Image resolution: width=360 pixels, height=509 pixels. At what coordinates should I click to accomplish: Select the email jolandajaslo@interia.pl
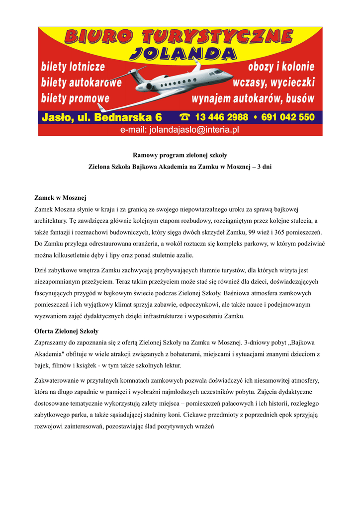click(x=180, y=130)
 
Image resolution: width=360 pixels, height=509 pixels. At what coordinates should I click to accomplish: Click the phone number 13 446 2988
click(x=222, y=117)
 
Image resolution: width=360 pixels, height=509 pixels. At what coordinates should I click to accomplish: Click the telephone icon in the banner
click(x=185, y=117)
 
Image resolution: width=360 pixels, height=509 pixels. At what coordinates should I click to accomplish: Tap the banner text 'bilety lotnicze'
click(x=74, y=67)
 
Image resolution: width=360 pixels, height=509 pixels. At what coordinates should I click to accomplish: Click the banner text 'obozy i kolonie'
click(x=280, y=67)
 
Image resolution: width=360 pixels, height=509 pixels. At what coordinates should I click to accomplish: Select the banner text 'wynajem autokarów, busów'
click(x=253, y=98)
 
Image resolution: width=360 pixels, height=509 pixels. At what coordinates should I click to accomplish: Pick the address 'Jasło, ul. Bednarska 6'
click(x=102, y=117)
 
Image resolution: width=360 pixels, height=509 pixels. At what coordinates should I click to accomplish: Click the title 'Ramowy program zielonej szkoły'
click(x=180, y=155)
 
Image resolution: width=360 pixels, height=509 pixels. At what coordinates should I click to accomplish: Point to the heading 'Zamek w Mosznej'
click(x=61, y=198)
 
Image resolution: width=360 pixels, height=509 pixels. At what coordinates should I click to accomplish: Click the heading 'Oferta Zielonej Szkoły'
click(x=66, y=331)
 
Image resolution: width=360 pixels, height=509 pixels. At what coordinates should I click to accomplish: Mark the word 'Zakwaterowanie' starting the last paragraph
click(x=58, y=380)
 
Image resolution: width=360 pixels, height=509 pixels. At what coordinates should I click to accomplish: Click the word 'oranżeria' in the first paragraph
click(x=138, y=244)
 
